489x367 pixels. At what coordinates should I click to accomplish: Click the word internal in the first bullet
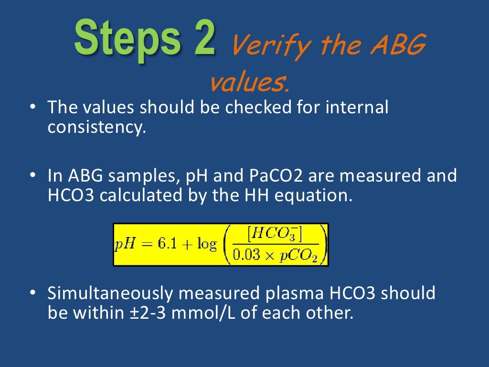tap(357, 107)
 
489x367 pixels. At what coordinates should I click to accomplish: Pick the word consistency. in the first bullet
tap(96, 128)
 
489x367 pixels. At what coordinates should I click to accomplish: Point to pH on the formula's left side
tap(125, 245)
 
